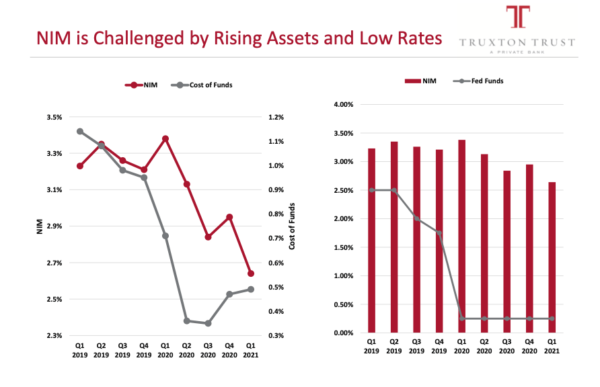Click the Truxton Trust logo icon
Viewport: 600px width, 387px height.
pyautogui.click(x=517, y=17)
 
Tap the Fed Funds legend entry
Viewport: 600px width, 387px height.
pyautogui.click(x=482, y=81)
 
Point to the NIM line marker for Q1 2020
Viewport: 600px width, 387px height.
pyautogui.click(x=165, y=138)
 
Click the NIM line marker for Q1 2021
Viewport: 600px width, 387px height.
pyautogui.click(x=251, y=273)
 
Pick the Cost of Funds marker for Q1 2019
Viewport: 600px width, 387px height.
pyautogui.click(x=80, y=132)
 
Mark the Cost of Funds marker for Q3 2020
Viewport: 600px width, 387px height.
pyautogui.click(x=208, y=323)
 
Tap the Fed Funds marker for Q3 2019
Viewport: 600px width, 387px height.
pyautogui.click(x=417, y=218)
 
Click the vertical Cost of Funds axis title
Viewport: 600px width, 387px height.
pyautogui.click(x=293, y=226)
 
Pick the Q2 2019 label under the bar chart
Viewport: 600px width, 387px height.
pyautogui.click(x=394, y=347)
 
